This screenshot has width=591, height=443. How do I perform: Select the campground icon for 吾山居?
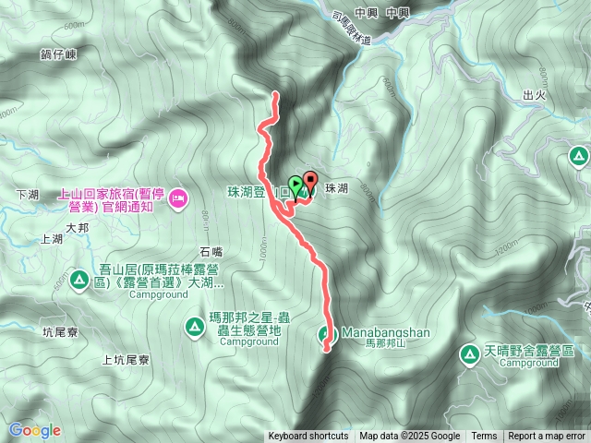point(79,278)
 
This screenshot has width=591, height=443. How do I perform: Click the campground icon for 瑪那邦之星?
point(195,326)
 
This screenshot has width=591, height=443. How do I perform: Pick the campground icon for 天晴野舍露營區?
point(470,353)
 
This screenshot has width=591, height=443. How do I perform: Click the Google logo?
point(34,430)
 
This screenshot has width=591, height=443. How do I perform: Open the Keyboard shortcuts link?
point(308,437)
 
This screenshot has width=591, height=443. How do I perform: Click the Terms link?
point(484,437)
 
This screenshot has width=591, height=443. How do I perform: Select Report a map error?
point(547,437)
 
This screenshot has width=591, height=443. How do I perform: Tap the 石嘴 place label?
point(211,251)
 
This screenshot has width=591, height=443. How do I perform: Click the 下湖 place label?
point(30,195)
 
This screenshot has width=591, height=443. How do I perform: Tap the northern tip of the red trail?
point(275,94)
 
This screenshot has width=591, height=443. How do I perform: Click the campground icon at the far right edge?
point(579,156)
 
